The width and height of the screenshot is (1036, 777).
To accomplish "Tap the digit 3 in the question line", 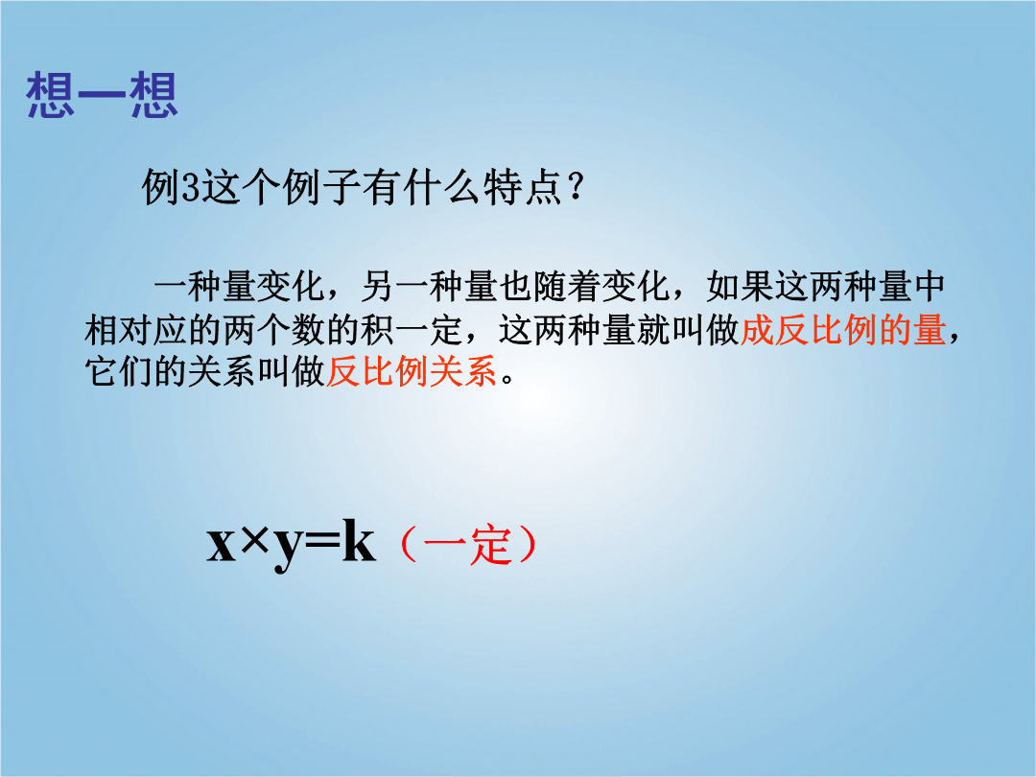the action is click(x=190, y=189).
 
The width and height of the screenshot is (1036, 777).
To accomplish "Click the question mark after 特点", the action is click(x=577, y=188).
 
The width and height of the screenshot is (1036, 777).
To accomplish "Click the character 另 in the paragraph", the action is click(x=378, y=287).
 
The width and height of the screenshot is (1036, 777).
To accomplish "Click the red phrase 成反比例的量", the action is click(x=843, y=330).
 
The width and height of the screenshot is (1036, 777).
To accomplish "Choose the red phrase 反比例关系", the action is click(x=412, y=371).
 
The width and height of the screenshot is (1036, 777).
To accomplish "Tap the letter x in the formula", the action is click(x=222, y=547).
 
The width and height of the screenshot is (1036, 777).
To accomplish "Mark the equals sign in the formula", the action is click(x=323, y=547).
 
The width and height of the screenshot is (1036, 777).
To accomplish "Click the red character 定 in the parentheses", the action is click(x=489, y=546).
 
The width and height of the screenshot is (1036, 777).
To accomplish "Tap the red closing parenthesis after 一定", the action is click(x=528, y=546).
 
